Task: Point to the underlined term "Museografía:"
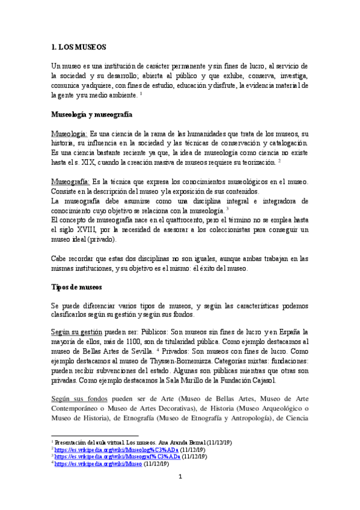(70, 182)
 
